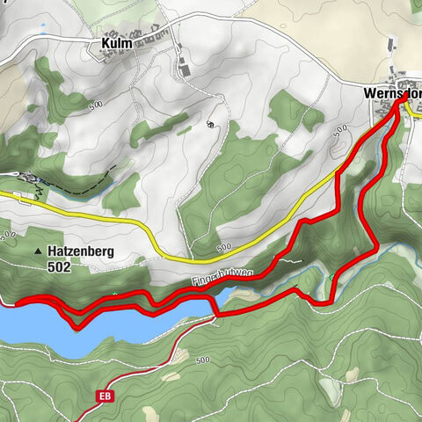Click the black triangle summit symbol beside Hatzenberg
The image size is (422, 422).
(38, 253)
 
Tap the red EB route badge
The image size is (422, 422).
(106, 397)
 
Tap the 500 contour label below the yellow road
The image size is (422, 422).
(223, 246)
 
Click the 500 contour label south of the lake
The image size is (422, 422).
(203, 360)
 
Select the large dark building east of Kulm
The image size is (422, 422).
(184, 67)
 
